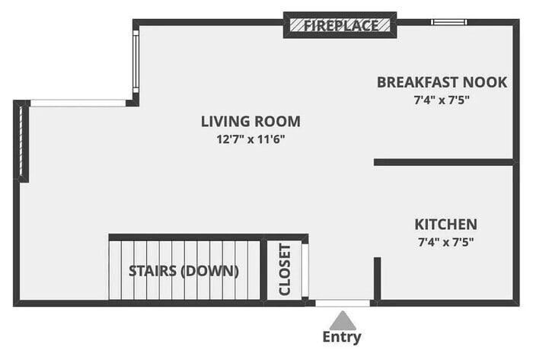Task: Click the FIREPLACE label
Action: pyautogui.click(x=341, y=25)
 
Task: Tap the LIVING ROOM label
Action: pyautogui.click(x=251, y=122)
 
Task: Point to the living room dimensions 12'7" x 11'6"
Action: pyautogui.click(x=251, y=139)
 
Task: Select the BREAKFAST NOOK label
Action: pyautogui.click(x=442, y=82)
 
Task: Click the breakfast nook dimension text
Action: pyautogui.click(x=442, y=100)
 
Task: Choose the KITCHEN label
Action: pyautogui.click(x=445, y=225)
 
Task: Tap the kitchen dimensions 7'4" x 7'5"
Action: pyautogui.click(x=445, y=242)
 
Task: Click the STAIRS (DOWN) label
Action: pyautogui.click(x=184, y=271)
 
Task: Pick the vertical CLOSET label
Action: pyautogui.click(x=285, y=269)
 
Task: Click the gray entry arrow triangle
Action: pyautogui.click(x=343, y=320)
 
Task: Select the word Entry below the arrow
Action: pyautogui.click(x=342, y=337)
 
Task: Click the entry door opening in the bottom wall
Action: pyautogui.click(x=343, y=303)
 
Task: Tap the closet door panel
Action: pyautogui.click(x=305, y=269)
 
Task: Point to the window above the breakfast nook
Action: pyautogui.click(x=449, y=22)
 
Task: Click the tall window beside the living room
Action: pyautogui.click(x=136, y=62)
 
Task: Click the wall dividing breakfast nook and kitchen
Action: pyautogui.click(x=444, y=162)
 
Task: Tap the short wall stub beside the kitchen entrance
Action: pyautogui.click(x=378, y=279)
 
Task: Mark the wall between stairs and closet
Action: pyautogui.click(x=263, y=270)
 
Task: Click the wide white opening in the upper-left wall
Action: pyautogui.click(x=78, y=104)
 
